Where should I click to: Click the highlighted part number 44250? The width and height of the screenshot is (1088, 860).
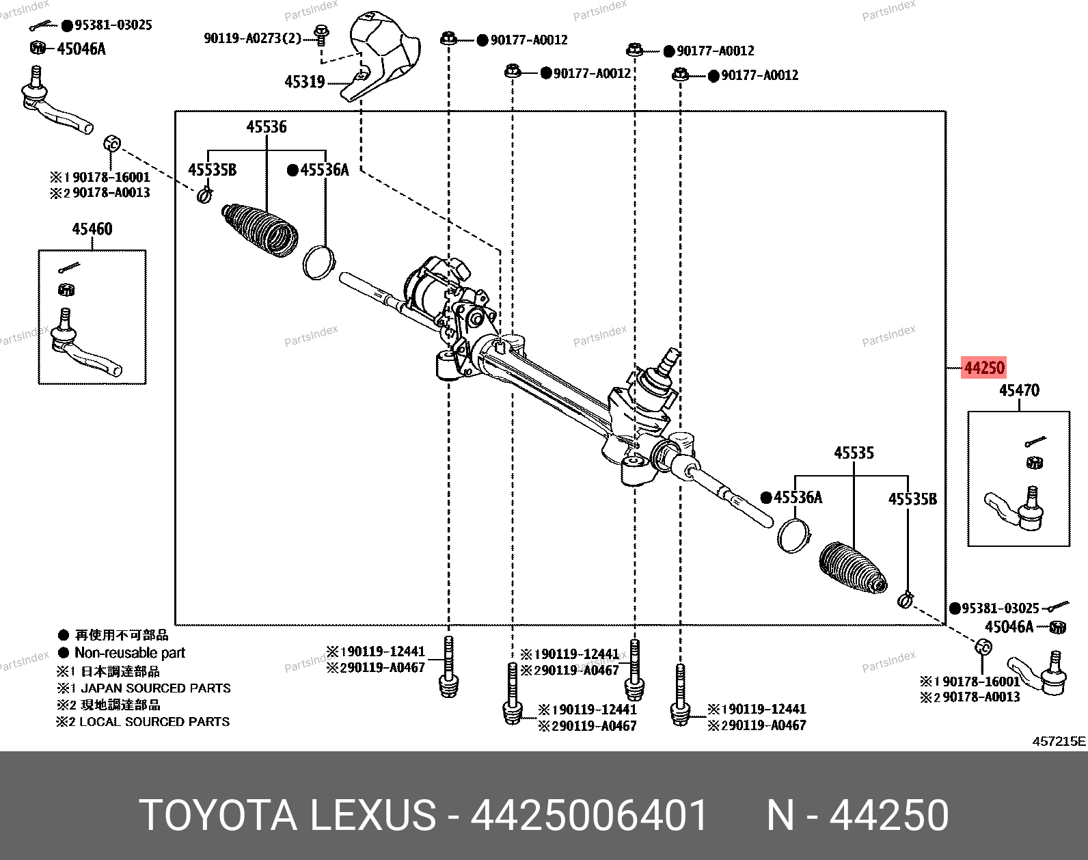click(x=983, y=368)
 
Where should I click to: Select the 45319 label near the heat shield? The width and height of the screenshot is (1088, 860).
click(x=305, y=82)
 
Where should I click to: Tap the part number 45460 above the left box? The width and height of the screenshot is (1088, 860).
click(x=92, y=229)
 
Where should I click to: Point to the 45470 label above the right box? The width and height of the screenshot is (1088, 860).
click(x=1019, y=390)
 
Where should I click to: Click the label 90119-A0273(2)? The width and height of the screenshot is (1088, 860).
click(x=252, y=38)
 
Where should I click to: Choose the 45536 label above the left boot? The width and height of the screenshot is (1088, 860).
click(x=267, y=127)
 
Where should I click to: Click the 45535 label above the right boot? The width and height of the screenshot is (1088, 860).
click(x=854, y=453)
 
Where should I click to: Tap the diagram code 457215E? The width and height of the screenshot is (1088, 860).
click(x=1058, y=741)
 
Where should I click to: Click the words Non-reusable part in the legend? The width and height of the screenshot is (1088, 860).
click(x=130, y=653)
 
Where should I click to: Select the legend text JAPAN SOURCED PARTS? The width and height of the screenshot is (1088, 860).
click(x=156, y=688)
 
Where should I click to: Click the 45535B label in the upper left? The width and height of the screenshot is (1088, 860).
click(x=212, y=170)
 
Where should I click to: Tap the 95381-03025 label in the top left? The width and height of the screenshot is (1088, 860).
click(x=113, y=25)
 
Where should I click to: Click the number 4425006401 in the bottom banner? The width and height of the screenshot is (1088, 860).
click(x=589, y=816)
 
